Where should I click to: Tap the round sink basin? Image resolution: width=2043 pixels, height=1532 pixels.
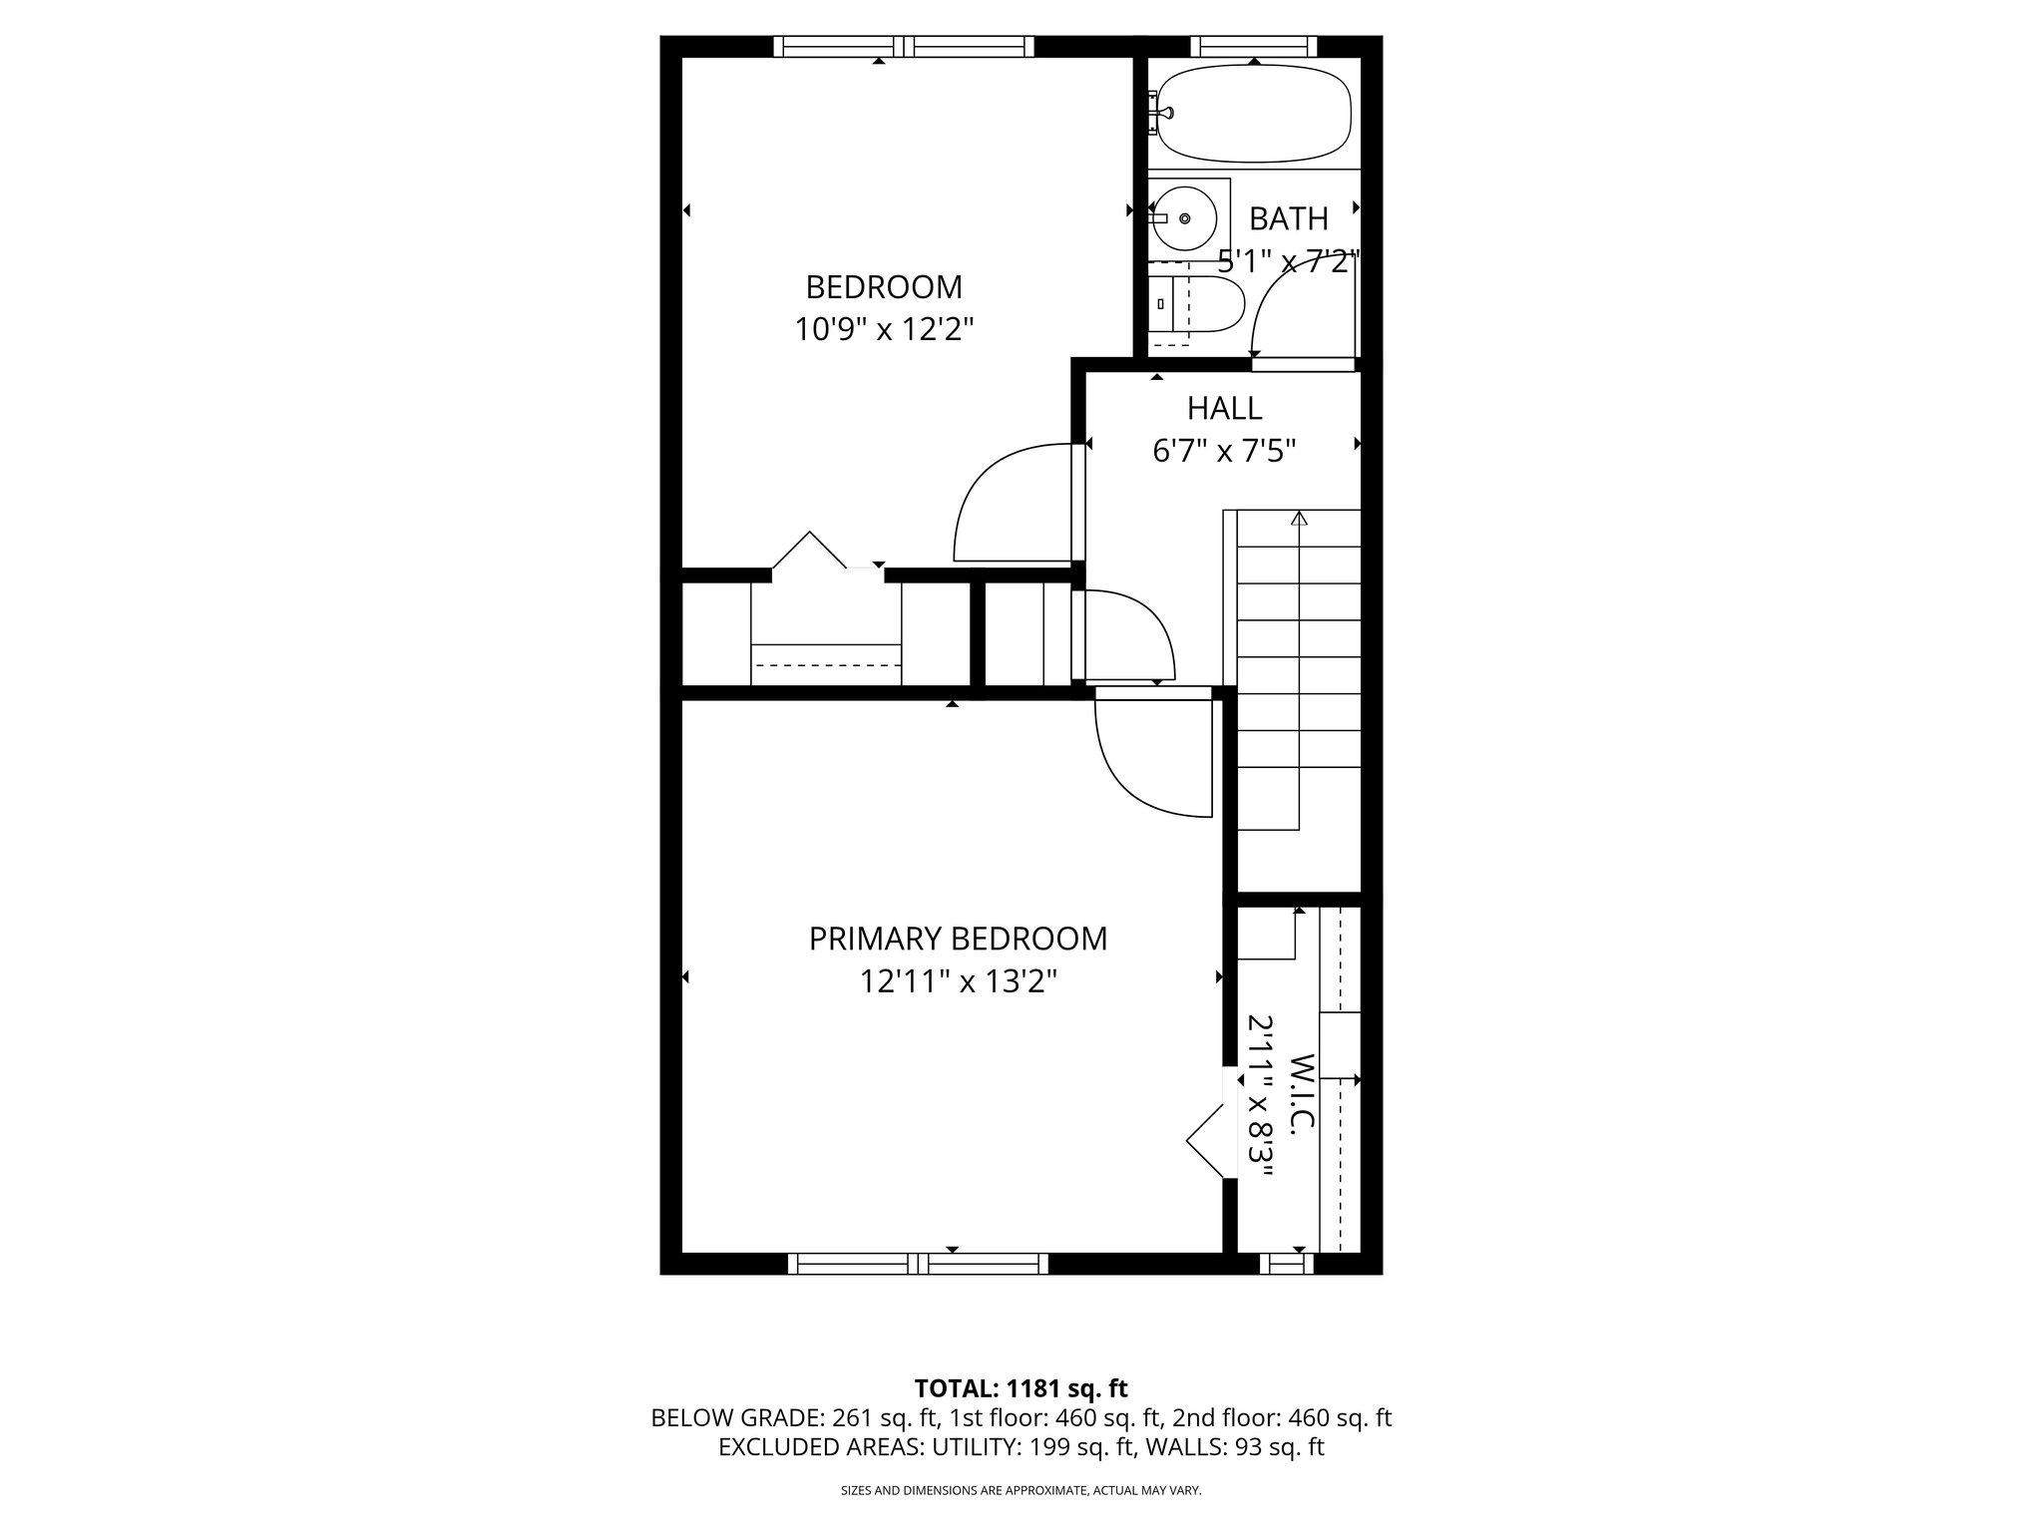click(x=1184, y=218)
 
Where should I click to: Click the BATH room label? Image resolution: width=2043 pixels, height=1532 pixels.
click(x=1288, y=218)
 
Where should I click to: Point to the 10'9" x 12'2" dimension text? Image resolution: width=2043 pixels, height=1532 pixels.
click(x=883, y=329)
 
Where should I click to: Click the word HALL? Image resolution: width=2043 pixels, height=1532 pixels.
click(x=1224, y=408)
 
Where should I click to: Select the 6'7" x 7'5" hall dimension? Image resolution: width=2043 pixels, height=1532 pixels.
click(x=1224, y=452)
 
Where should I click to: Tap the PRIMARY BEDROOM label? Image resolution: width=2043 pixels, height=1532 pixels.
click(x=958, y=939)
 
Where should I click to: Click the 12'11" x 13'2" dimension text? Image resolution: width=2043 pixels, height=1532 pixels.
click(x=958, y=982)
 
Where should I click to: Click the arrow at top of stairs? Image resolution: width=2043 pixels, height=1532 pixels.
click(x=1299, y=519)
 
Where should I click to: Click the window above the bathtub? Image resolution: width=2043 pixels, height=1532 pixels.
click(x=1254, y=46)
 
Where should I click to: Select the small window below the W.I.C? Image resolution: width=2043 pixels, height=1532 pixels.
click(x=1286, y=1264)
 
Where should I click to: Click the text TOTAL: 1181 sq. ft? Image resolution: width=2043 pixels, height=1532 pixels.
click(x=1021, y=1388)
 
